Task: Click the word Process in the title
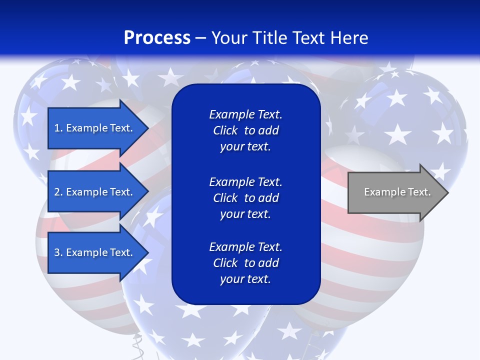pos(157,38)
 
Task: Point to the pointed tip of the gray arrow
pos(447,192)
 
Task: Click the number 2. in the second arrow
pos(58,192)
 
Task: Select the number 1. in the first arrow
pos(58,128)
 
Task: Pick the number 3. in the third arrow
pos(58,252)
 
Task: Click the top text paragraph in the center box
pos(245,130)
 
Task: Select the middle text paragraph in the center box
pos(245,198)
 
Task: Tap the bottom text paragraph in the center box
pos(245,263)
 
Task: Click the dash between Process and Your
pos(200,38)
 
